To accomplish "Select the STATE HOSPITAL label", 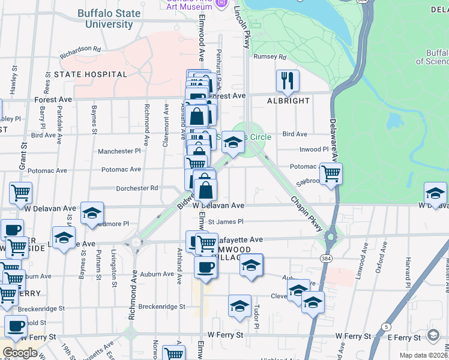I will coord(91,74).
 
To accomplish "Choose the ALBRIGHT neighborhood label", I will coord(289,101).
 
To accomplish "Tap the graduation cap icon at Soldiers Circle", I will coord(234,142).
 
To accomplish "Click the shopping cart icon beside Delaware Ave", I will coord(331,174).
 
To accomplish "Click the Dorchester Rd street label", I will coord(137,188).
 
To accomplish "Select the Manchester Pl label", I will coord(119,152).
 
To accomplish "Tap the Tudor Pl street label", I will coord(256,311).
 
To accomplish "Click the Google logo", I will coord(20,353).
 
